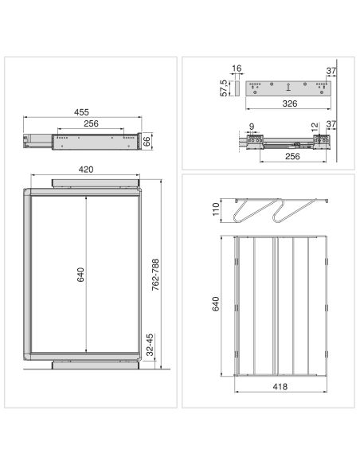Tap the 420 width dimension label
point(88,169)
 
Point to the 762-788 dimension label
point(156,275)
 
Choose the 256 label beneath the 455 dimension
point(92,123)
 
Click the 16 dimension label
point(236,70)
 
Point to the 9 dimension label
point(251,125)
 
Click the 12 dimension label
point(315,127)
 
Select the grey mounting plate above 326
point(287,87)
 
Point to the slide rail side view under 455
point(87,141)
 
